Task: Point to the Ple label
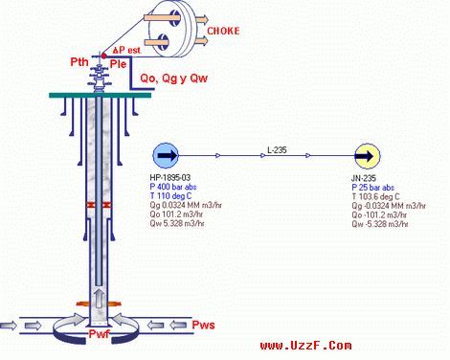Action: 119,63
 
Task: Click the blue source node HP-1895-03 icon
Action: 164,155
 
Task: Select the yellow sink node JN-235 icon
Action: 365,155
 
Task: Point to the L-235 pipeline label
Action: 278,149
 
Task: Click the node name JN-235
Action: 365,177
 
